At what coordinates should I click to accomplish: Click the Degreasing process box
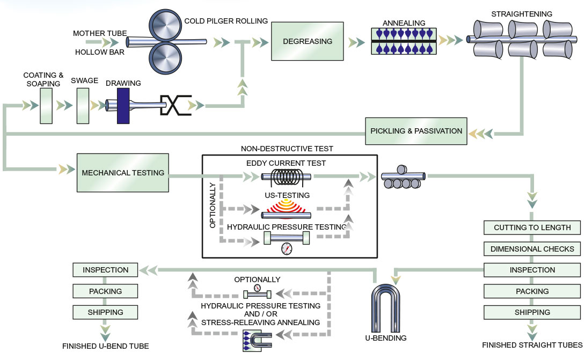coord(308,41)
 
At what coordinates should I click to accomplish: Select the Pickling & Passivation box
coord(416,131)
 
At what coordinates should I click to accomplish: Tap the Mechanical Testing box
coord(123,173)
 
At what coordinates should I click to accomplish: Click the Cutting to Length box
coord(532,227)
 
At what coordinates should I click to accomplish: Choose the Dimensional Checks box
coord(532,249)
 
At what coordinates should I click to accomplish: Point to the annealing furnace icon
coord(404,41)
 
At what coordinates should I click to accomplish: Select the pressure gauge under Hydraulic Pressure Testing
coord(288,248)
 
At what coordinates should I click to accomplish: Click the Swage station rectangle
coord(83,106)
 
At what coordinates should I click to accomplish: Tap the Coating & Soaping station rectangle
coord(46,106)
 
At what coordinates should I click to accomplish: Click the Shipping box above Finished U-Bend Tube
coord(106,312)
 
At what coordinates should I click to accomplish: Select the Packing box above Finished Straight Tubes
coord(532,291)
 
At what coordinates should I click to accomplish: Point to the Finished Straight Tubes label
coord(532,345)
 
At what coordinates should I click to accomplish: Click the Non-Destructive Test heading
coord(287,149)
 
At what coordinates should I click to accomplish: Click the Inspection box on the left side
coord(106,270)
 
